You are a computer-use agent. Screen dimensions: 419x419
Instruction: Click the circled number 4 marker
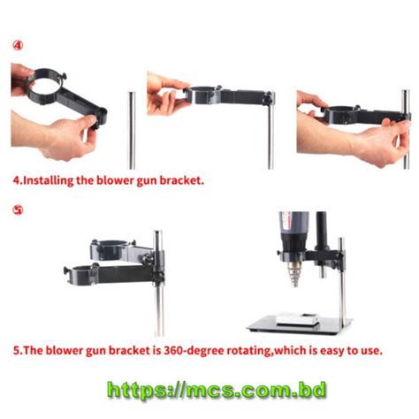click(x=19, y=44)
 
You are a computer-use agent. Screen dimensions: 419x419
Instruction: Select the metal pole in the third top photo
click(x=406, y=133)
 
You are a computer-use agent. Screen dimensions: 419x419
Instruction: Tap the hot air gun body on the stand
click(x=293, y=232)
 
